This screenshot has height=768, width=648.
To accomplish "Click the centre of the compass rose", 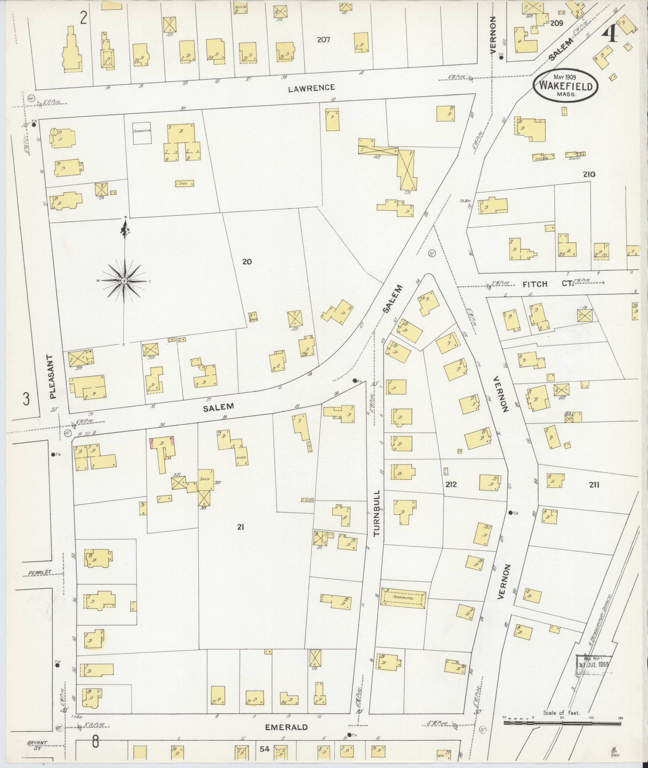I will point(125,281).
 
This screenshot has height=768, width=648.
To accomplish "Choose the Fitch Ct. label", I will point(547,284).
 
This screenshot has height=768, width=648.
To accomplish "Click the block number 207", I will point(323,39).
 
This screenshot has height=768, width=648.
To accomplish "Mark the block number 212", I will point(451,485).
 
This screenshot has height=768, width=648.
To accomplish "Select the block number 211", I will point(594,485).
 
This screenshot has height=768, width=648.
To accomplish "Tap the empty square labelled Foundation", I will point(142,133).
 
